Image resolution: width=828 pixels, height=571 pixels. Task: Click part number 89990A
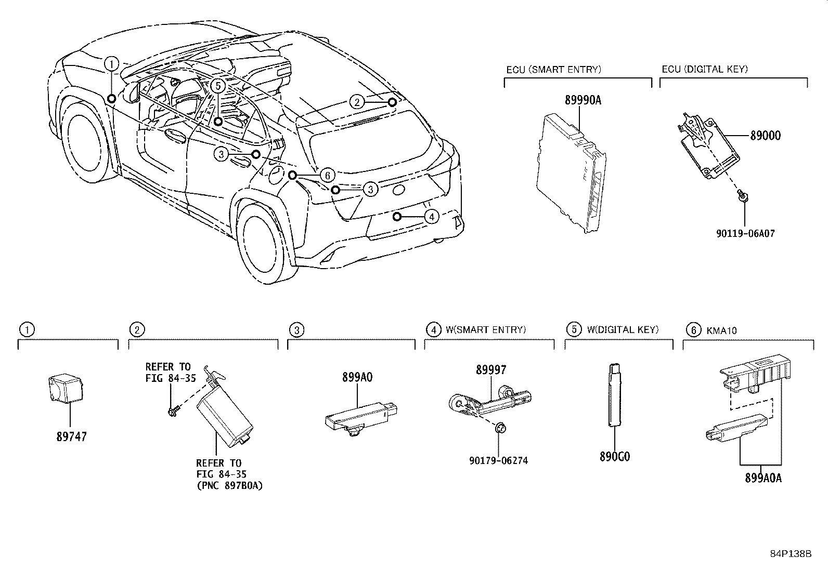583,100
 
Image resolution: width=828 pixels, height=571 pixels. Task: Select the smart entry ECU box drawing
571,174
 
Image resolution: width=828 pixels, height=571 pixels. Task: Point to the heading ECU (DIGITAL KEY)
705,69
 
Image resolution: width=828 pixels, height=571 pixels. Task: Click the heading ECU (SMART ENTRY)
553,69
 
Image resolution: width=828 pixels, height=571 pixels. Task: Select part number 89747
71,436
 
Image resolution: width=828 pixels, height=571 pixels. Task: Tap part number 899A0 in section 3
357,377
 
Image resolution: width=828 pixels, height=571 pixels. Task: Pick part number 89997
490,370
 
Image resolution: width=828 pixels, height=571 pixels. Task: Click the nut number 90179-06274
498,460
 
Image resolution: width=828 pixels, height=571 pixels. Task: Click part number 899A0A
763,478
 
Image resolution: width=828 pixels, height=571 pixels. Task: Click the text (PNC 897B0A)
229,485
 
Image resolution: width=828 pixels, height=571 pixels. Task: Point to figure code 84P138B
791,553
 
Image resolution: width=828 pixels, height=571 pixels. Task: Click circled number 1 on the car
111,63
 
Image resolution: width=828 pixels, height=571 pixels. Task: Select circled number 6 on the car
326,175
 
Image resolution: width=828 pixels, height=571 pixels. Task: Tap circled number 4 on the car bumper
431,216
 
